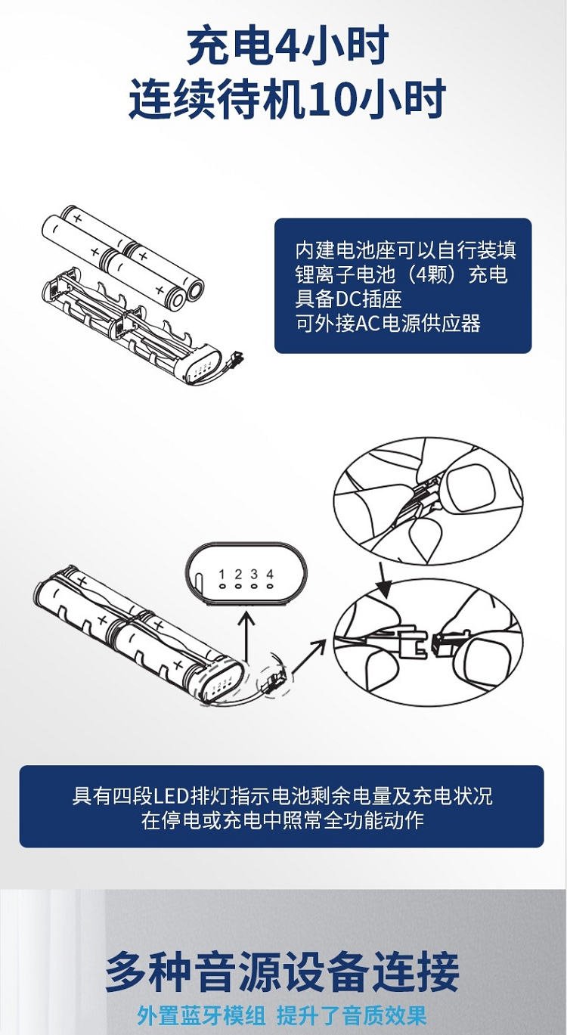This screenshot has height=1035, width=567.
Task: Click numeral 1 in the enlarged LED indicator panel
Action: [x=222, y=575]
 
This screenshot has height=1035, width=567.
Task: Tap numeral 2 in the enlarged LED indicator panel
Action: [x=238, y=575]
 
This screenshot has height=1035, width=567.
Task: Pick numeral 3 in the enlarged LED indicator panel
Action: [x=254, y=575]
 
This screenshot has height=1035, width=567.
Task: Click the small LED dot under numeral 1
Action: [x=222, y=587]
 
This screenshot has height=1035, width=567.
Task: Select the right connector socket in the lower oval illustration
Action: [x=443, y=643]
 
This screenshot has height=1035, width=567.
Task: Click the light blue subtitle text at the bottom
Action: [x=282, y=1015]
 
